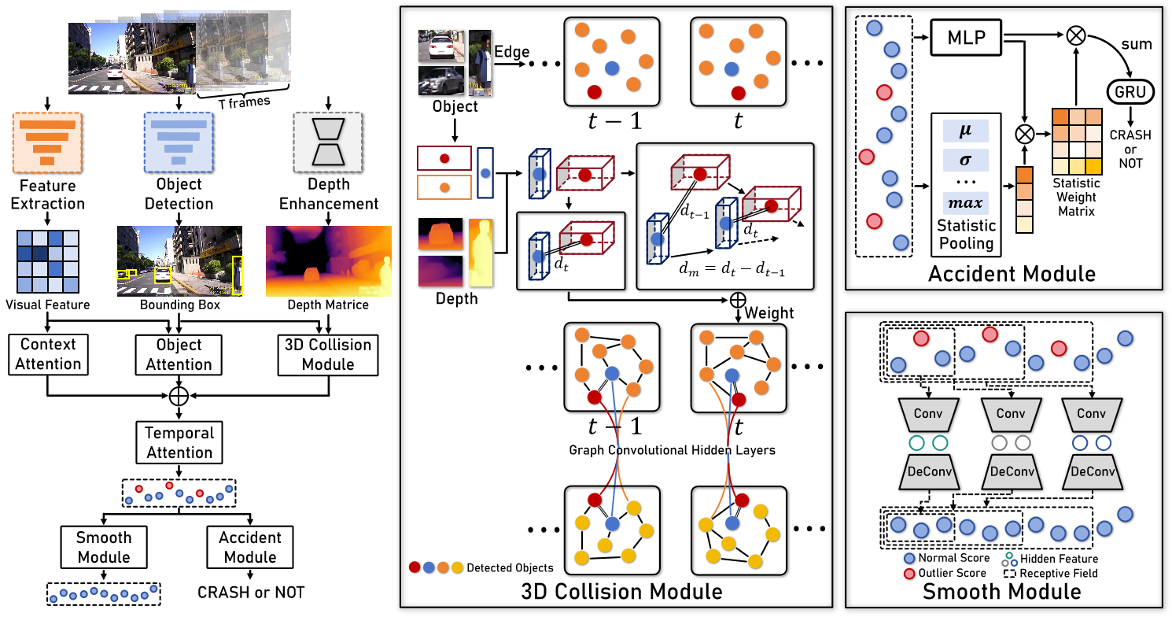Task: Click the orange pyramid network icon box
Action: point(47,142)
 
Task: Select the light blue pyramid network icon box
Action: point(179,142)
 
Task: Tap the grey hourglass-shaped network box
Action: point(327,142)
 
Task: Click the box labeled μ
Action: point(966,131)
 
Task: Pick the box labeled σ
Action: point(966,161)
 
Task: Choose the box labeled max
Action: point(966,203)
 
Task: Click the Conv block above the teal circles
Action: point(928,414)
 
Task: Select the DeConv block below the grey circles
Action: point(1012,472)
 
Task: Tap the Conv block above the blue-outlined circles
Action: point(1091,414)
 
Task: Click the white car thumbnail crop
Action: point(440,46)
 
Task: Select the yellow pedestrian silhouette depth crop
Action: point(481,253)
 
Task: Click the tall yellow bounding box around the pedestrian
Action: point(237,275)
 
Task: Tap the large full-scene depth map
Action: point(328,261)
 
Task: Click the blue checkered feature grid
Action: point(48,261)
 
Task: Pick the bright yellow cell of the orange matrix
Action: point(1093,167)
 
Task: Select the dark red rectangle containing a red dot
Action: point(444,158)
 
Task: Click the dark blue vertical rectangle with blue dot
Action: point(485,172)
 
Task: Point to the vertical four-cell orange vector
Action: point(1024,200)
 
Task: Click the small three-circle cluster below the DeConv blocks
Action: point(1009,560)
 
